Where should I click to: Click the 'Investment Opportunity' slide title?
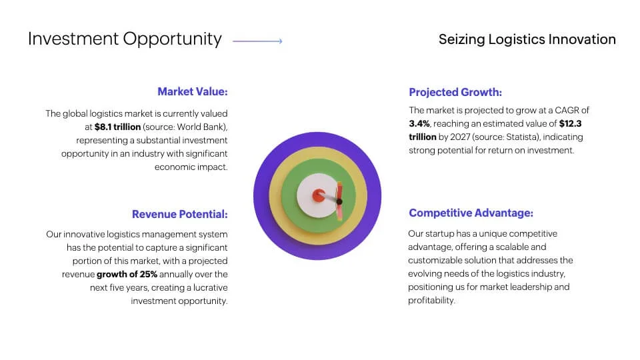[x=125, y=39]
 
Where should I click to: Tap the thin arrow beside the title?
[x=257, y=41]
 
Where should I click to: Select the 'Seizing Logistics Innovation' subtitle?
[x=527, y=39]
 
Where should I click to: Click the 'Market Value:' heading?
[x=193, y=91]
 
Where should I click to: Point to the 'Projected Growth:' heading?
[x=455, y=92]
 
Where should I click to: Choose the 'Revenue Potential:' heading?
[x=180, y=214]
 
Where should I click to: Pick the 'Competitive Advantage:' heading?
[x=471, y=213]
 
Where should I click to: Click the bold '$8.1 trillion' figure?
[x=117, y=127]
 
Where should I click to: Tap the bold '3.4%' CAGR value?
[x=419, y=124]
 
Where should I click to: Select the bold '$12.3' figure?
[x=570, y=124]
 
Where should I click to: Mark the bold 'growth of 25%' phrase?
[x=127, y=274]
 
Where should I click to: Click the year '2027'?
[x=460, y=137]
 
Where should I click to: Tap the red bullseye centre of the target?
[x=319, y=195]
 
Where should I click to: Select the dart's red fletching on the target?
[x=339, y=201]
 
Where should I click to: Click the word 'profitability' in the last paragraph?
[x=431, y=301]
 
